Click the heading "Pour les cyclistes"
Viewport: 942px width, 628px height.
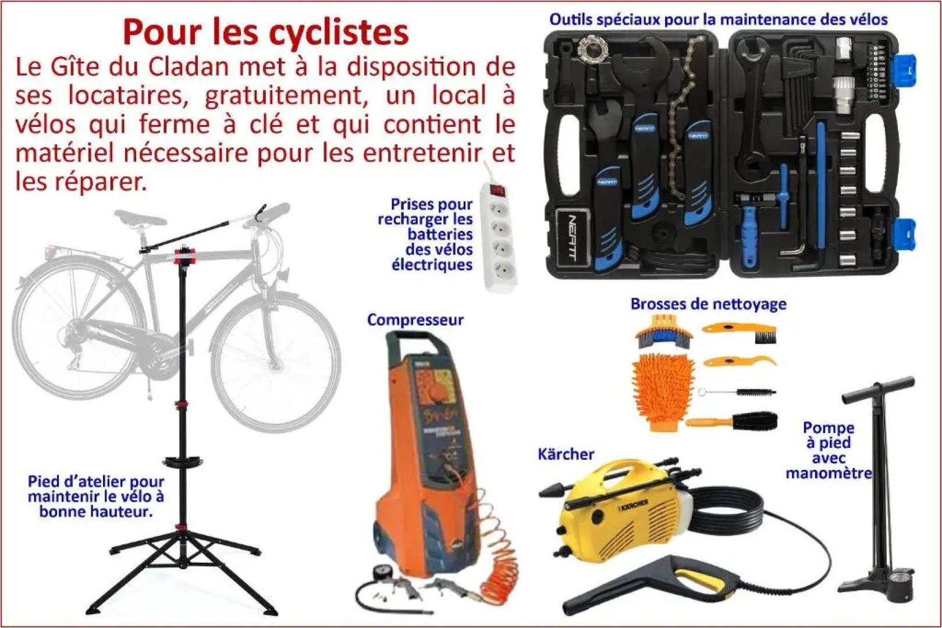[x=265, y=33]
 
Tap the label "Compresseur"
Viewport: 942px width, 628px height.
[x=415, y=320]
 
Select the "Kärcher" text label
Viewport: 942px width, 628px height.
[x=566, y=454]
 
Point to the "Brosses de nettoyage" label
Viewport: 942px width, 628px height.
[x=708, y=304]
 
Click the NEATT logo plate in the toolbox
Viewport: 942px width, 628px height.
[x=572, y=238]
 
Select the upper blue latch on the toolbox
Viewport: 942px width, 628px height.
[x=904, y=71]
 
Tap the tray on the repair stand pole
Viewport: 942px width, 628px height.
[x=183, y=463]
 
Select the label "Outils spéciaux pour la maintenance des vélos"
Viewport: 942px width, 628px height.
[x=719, y=20]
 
